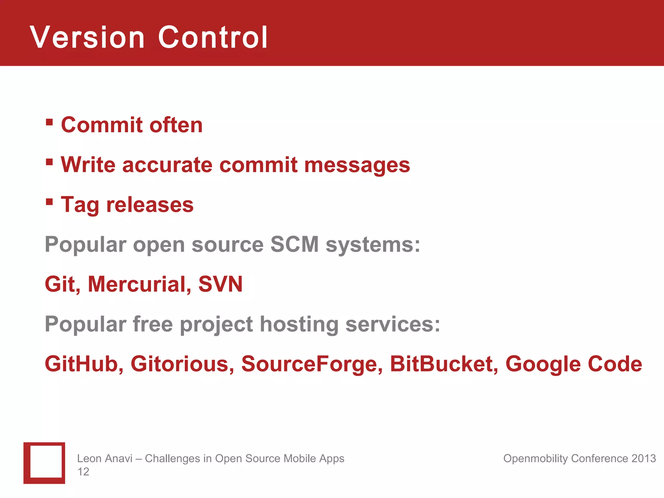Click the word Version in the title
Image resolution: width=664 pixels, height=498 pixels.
(x=87, y=38)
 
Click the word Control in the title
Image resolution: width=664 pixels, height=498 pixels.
(x=213, y=38)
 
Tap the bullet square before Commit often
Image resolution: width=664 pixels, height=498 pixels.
(x=49, y=122)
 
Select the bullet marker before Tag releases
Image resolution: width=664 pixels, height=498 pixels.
(x=49, y=202)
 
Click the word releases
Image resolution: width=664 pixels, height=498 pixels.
(x=150, y=205)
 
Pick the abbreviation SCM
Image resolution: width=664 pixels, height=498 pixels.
(x=294, y=244)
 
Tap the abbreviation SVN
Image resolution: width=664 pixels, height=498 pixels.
(x=220, y=284)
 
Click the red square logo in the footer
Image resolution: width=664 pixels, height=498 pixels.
(x=44, y=463)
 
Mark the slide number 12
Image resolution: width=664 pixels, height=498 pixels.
(x=83, y=472)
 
